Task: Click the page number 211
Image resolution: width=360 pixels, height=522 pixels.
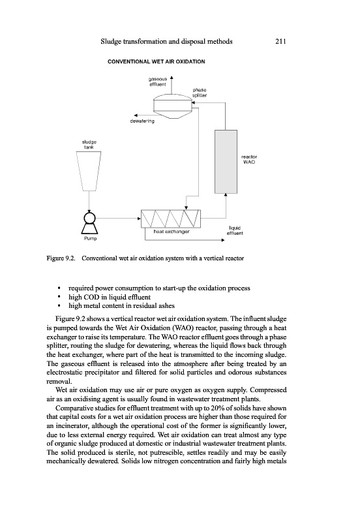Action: pos(281,41)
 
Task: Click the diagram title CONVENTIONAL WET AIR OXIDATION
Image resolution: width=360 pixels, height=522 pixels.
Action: pos(157,61)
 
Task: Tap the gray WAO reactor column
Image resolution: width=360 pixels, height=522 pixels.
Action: pos(226,162)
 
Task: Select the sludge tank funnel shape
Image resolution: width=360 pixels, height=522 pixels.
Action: pos(89,171)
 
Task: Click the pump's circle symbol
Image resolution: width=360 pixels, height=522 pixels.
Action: pos(89,218)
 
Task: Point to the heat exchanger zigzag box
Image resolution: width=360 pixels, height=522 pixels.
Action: pos(171,219)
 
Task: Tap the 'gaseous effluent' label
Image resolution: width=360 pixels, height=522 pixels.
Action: pos(158,82)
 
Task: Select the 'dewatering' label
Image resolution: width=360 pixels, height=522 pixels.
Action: pos(142,121)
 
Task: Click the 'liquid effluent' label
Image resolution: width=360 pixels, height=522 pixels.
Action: pos(235,230)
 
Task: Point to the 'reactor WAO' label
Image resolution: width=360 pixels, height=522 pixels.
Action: pos(249,159)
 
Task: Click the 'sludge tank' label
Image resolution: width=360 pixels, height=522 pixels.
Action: pos(89,144)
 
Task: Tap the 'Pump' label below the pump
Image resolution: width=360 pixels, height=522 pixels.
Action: pos(90,238)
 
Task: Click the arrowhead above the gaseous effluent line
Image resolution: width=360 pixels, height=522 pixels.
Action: pos(172,78)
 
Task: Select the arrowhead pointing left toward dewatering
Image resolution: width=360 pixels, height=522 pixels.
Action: pos(136,115)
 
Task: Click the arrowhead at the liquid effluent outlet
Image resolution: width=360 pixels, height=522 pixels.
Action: pos(222,240)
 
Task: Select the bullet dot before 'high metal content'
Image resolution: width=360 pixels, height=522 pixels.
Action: pos(59,305)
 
